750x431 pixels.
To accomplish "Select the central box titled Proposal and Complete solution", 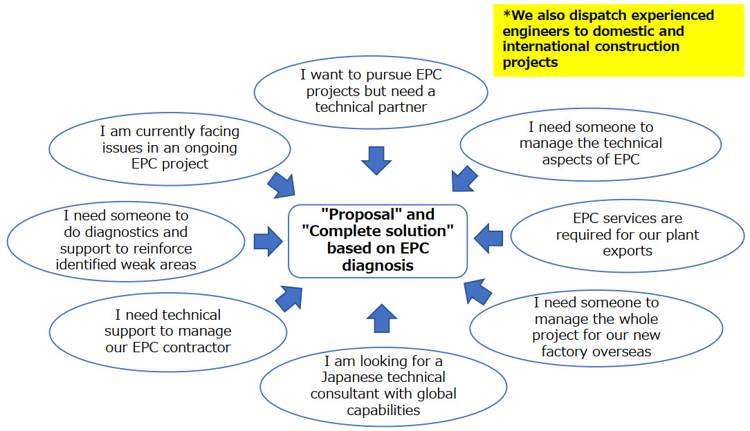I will tap(377, 240).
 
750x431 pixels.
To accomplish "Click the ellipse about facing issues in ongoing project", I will tap(169, 147).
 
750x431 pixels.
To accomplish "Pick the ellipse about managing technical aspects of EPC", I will tap(590, 144).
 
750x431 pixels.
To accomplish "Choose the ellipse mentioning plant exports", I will tap(627, 235).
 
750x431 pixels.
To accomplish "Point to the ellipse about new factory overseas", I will tap(596, 327).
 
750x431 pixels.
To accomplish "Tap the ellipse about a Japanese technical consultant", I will tap(383, 385).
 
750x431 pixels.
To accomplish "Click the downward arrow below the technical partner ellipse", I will tap(376, 160).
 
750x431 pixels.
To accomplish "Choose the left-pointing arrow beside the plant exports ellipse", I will tap(488, 238).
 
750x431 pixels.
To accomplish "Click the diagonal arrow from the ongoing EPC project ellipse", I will tap(281, 184).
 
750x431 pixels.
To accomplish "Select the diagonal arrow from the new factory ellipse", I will tap(477, 291).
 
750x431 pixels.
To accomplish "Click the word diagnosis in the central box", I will tap(378, 265).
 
